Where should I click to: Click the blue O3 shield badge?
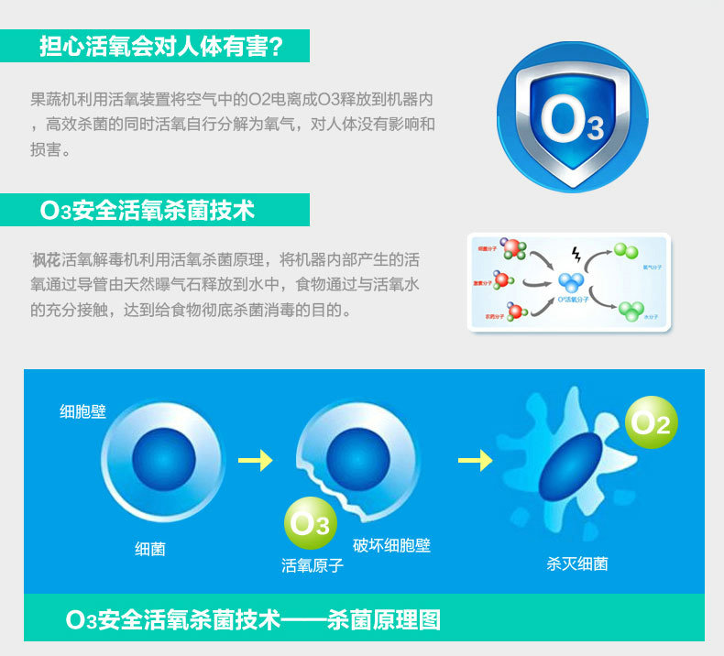pyautogui.click(x=571, y=116)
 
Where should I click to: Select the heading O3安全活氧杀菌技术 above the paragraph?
pyautogui.click(x=148, y=211)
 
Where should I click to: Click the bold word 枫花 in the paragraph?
pyautogui.click(x=47, y=260)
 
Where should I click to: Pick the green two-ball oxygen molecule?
pyautogui.click(x=626, y=250)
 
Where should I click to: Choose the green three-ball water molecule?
pyautogui.click(x=631, y=309)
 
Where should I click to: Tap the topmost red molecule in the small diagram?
pyautogui.click(x=515, y=248)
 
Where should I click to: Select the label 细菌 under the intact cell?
pyautogui.click(x=150, y=549)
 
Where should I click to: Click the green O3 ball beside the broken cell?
pyautogui.click(x=310, y=524)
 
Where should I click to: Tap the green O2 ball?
pyautogui.click(x=652, y=422)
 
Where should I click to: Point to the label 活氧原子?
pyautogui.click(x=313, y=565)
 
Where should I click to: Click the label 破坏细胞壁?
pyautogui.click(x=391, y=545)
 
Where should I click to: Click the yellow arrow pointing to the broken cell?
pyautogui.click(x=256, y=460)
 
